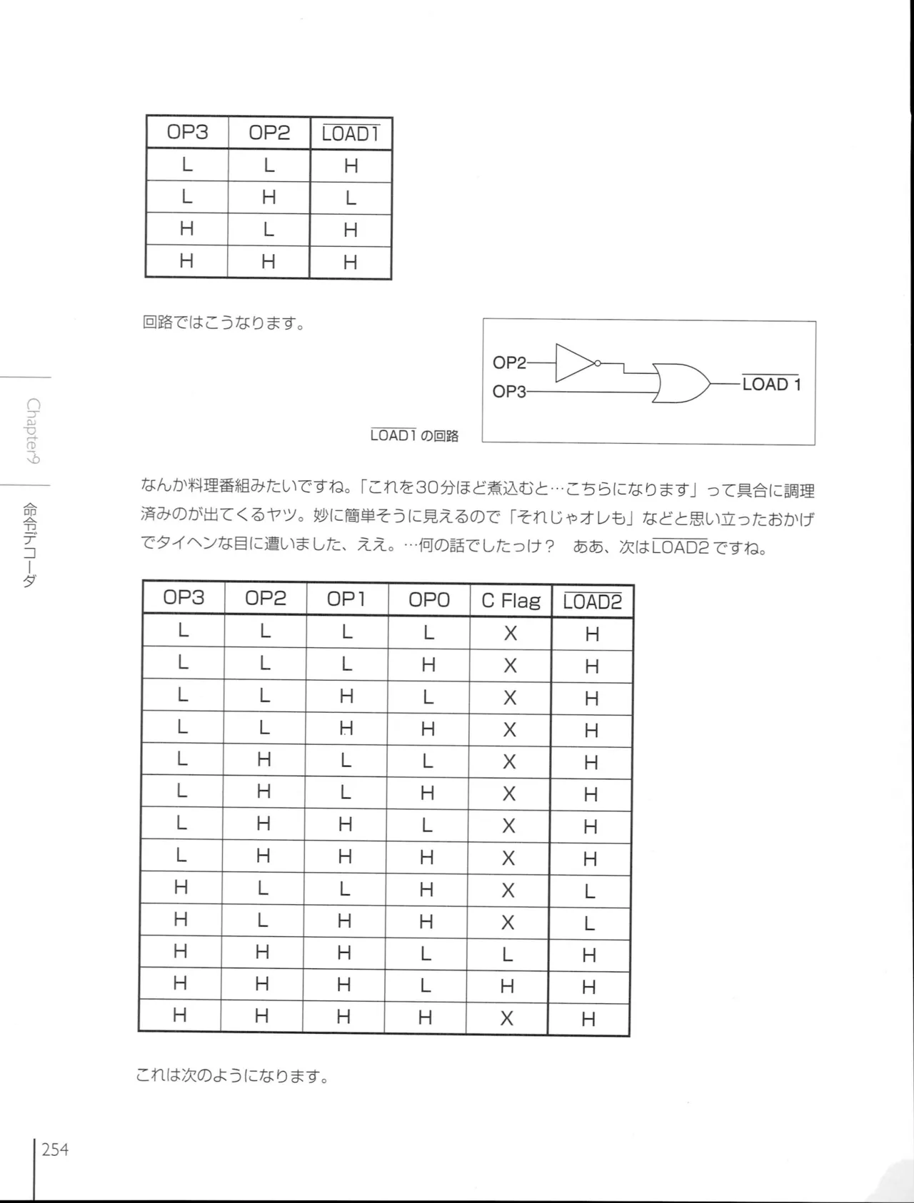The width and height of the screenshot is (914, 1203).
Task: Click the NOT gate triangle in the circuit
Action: pyautogui.click(x=574, y=363)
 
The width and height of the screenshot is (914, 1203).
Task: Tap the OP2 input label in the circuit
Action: pyautogui.click(x=509, y=362)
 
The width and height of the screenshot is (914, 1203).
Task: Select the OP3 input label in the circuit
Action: pyautogui.click(x=509, y=392)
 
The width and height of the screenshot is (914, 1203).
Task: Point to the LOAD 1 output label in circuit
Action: pyautogui.click(x=771, y=384)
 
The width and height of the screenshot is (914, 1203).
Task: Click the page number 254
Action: pyautogui.click(x=55, y=1149)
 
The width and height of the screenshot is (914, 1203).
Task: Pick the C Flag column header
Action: pyautogui.click(x=511, y=600)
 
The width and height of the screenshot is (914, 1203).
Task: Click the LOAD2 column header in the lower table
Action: pyautogui.click(x=592, y=601)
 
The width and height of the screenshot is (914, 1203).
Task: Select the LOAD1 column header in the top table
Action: pyautogui.click(x=351, y=134)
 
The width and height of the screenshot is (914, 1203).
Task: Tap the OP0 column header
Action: pyautogui.click(x=429, y=599)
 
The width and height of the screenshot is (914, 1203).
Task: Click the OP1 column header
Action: pyautogui.click(x=346, y=599)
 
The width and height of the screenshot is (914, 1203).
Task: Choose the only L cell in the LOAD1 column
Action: pyautogui.click(x=351, y=198)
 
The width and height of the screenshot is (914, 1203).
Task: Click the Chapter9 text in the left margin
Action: pyautogui.click(x=33, y=431)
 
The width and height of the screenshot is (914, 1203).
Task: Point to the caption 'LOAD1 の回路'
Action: pyautogui.click(x=414, y=435)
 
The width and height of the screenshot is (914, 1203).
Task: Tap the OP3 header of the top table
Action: pyautogui.click(x=187, y=132)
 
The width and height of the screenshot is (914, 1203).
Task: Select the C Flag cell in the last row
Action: pyautogui.click(x=507, y=1018)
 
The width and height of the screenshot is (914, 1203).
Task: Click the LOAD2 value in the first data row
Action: pyautogui.click(x=592, y=634)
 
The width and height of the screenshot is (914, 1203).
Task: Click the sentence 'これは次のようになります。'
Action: pyautogui.click(x=233, y=1075)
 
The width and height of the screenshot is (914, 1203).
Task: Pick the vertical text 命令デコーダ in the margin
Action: pyautogui.click(x=30, y=545)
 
